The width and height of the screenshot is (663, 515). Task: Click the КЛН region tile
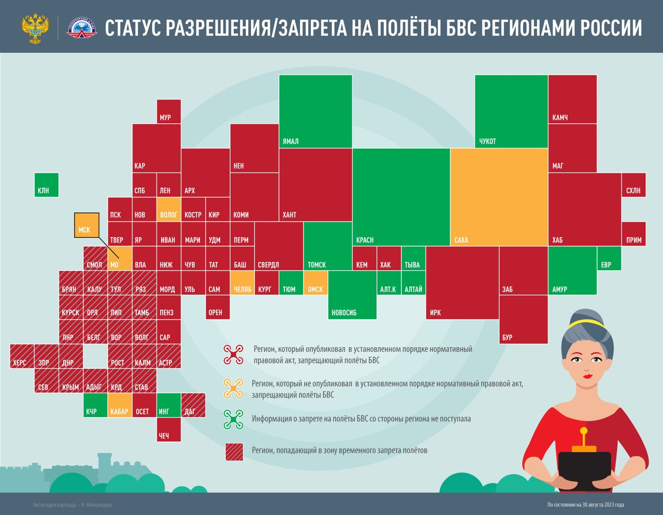point(47,185)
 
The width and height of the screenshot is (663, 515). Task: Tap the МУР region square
point(169,111)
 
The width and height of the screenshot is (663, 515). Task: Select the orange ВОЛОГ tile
point(169,209)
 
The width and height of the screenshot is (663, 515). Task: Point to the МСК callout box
point(87,225)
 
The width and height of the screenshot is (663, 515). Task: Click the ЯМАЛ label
point(291,141)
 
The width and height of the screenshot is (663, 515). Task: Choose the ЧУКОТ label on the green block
point(487,141)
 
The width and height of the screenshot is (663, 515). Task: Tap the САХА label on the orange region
point(461,240)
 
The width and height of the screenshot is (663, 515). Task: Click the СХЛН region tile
point(633,185)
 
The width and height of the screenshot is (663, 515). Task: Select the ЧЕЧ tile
point(169,430)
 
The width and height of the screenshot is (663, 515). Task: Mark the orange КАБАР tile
point(120,405)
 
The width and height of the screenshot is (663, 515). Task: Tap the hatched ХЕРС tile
point(22,356)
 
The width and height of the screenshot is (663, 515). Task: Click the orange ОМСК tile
point(315,283)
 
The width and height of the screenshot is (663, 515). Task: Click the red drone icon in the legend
point(233,354)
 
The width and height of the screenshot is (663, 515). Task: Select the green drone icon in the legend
point(233,419)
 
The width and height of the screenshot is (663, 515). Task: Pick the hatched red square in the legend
point(234,451)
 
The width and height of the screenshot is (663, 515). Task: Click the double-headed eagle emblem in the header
point(35,28)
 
